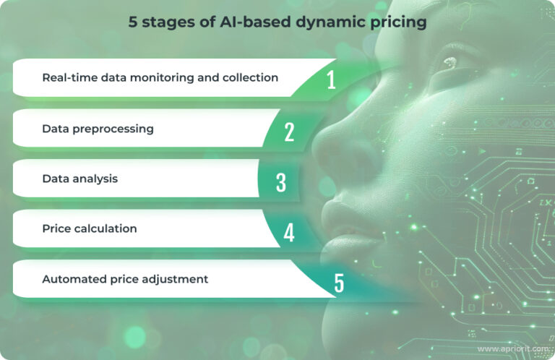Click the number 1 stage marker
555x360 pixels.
click(x=331, y=79)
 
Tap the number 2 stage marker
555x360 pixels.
click(x=289, y=131)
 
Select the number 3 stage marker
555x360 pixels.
click(x=281, y=181)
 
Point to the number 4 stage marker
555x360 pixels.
click(x=289, y=232)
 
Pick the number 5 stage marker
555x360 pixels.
click(x=339, y=283)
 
